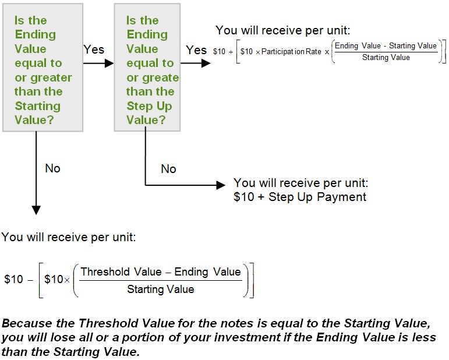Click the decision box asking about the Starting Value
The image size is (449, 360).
[x=43, y=68]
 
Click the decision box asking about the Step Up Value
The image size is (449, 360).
[x=147, y=68]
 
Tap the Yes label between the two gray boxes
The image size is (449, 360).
[x=94, y=50]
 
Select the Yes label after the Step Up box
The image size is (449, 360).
[x=196, y=50]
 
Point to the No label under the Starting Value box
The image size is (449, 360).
[x=52, y=168]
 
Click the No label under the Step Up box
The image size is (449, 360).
[x=168, y=169]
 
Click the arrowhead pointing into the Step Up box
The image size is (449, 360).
[x=109, y=63]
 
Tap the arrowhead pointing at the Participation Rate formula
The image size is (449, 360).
[x=206, y=63]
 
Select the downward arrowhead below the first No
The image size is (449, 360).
[x=36, y=210]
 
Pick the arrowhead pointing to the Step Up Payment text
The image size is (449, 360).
[x=221, y=185]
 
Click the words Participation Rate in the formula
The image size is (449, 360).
[x=291, y=52]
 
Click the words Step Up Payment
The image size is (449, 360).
[x=317, y=197]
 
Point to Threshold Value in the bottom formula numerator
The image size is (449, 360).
[x=121, y=272]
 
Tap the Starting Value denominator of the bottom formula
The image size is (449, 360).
[x=161, y=290]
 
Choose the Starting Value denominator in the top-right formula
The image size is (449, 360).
[x=386, y=58]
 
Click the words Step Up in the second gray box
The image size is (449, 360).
[x=149, y=106]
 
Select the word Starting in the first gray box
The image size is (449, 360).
[x=37, y=106]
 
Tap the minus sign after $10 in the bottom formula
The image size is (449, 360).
[x=30, y=280]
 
